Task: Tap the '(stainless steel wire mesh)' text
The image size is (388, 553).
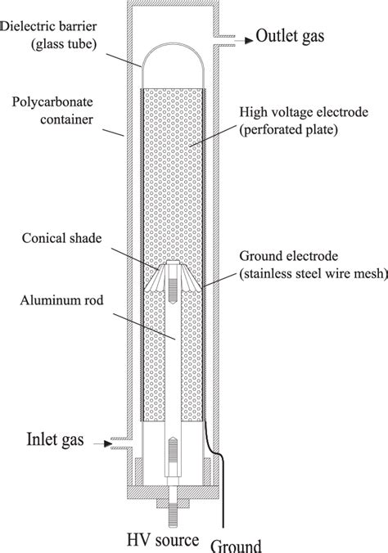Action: coord(309,275)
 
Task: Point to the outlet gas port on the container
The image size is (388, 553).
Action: coord(219,37)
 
